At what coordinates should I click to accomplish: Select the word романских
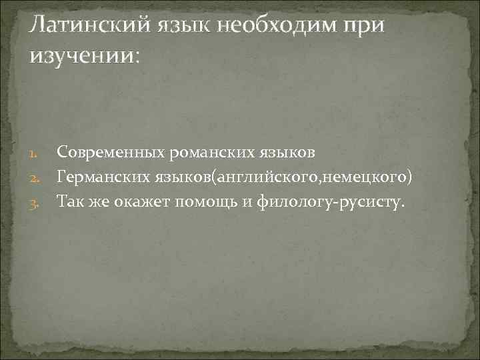tap(212, 153)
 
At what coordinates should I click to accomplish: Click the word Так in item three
tap(71, 201)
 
